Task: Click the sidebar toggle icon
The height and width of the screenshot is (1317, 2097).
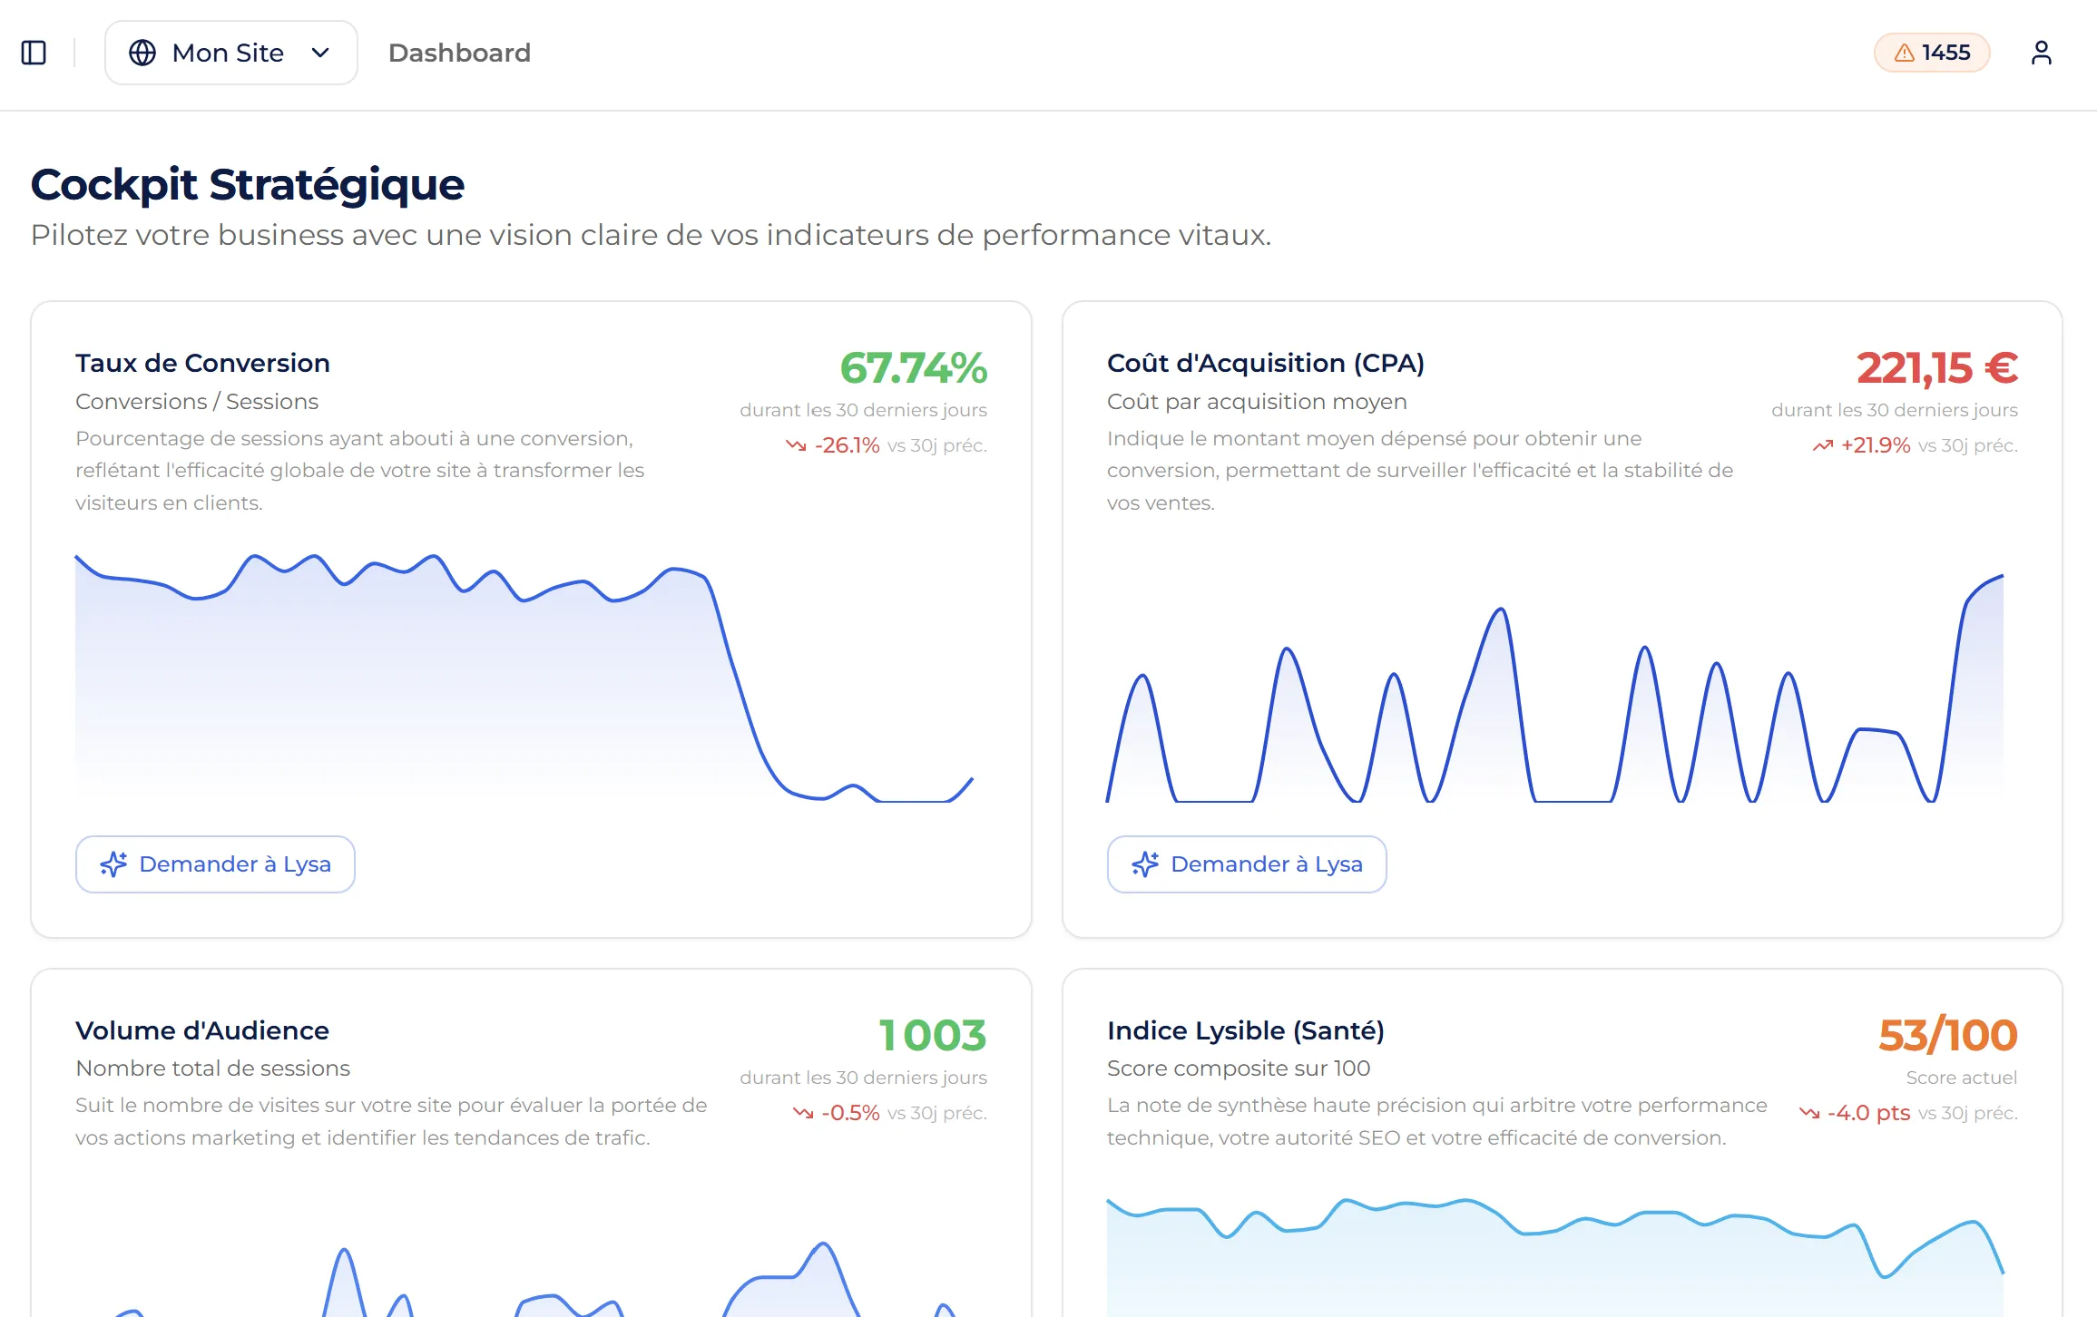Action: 34,53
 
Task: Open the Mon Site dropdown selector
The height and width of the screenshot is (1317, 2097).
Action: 230,53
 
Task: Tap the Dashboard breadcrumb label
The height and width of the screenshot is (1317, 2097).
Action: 459,53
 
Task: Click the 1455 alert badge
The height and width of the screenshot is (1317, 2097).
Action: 1931,53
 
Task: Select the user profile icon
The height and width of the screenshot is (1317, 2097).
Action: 2041,53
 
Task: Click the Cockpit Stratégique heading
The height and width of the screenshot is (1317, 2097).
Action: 248,184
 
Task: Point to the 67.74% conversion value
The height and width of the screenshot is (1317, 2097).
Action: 913,368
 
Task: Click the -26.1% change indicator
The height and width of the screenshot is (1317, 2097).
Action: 846,445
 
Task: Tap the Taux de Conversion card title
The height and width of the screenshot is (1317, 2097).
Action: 202,363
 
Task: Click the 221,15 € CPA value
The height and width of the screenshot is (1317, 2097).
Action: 1936,368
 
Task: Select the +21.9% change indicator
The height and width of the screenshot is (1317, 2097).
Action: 1875,445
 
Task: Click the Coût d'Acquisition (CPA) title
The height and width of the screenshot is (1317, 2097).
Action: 1265,363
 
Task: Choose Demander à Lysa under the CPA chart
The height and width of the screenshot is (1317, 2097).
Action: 1246,864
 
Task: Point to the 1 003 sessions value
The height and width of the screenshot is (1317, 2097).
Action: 932,1036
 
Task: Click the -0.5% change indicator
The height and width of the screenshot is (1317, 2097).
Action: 849,1113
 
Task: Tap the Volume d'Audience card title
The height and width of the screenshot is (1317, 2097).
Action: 202,1030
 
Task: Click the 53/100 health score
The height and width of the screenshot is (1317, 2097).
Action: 1947,1036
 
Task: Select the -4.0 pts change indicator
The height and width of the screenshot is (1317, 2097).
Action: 1867,1113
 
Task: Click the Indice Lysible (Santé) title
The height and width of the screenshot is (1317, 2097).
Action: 1245,1030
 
